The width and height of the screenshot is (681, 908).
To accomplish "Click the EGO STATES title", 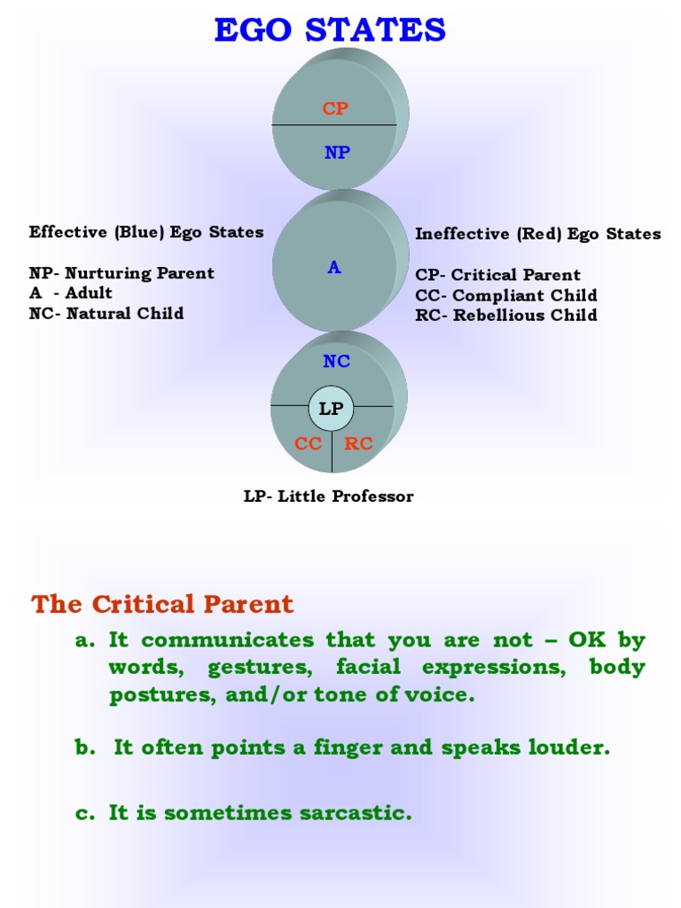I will tap(330, 30).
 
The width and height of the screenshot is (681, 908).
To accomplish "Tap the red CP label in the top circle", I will tap(335, 109).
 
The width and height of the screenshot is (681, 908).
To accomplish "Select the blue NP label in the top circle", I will tap(337, 153).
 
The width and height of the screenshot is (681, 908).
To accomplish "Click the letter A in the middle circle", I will tap(334, 267).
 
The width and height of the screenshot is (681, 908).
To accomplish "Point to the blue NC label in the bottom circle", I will tap(336, 361).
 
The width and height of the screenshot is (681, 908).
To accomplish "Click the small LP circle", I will tap(331, 409).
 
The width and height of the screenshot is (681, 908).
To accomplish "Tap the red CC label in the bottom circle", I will tap(309, 443).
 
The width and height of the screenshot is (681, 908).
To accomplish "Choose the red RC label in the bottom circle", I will tap(359, 443).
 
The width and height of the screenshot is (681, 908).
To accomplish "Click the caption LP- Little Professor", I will tap(328, 497).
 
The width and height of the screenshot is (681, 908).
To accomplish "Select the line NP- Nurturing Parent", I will tap(121, 273).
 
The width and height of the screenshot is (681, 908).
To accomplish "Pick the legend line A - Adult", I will tap(71, 293).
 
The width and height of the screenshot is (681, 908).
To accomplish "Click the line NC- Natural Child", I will tap(106, 313).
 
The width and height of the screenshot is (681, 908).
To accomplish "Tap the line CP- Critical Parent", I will tap(497, 275).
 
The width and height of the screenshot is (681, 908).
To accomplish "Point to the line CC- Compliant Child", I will tap(506, 295).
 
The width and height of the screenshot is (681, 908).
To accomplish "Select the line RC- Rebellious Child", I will tap(506, 315).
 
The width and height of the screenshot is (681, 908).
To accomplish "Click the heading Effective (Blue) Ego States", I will tap(146, 232).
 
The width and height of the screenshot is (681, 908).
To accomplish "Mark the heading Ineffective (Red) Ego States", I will tap(537, 234).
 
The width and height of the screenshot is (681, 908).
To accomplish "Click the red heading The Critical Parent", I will tap(162, 605).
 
